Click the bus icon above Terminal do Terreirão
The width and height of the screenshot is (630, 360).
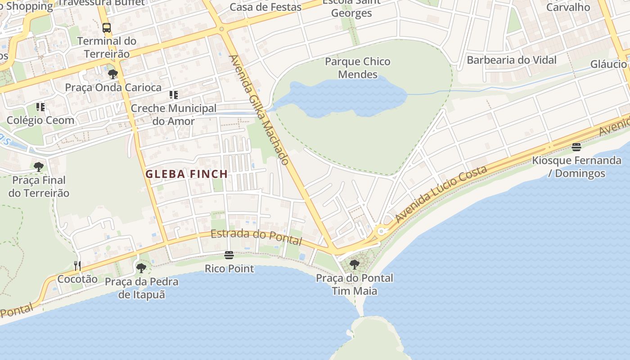(107, 28)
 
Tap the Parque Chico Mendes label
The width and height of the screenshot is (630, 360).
(358, 68)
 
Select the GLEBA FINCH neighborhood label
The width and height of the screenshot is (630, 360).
(186, 174)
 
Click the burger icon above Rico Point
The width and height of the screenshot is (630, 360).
(229, 256)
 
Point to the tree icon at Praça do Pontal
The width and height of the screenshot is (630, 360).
(355, 265)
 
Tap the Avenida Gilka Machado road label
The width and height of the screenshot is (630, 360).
(259, 110)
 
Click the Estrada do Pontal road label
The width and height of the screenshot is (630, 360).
(256, 237)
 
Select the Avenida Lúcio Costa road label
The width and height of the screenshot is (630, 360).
(441, 194)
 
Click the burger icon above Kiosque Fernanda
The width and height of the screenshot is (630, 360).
(576, 147)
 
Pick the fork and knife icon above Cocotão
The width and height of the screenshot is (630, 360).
(77, 266)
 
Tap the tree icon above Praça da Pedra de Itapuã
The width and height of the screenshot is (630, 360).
(141, 269)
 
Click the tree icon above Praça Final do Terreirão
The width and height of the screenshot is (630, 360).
(39, 167)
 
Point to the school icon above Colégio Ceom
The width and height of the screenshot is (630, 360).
(40, 107)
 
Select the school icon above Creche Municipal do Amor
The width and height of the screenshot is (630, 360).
(173, 95)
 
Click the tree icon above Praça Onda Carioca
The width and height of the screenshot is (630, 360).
(113, 74)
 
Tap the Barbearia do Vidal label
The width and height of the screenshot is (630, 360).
(512, 60)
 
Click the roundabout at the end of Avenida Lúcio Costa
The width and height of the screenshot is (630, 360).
(382, 231)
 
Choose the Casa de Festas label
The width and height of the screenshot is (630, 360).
(265, 7)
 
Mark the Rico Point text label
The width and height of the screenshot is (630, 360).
(229, 269)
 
